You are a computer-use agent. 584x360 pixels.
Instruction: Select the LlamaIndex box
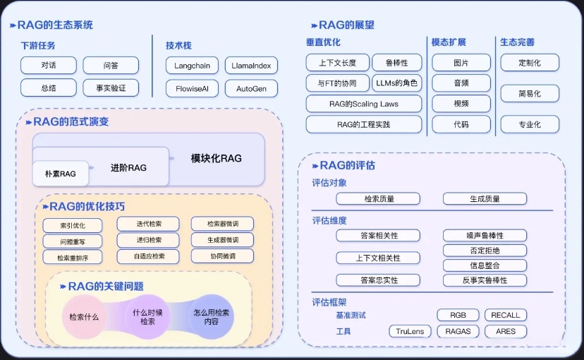(x=251, y=66)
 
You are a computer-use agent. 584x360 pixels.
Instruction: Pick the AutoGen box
(x=251, y=89)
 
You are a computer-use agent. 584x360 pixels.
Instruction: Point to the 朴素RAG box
(x=60, y=173)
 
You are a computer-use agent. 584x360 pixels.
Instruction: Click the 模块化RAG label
(x=216, y=158)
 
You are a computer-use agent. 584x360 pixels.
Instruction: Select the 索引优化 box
(x=72, y=226)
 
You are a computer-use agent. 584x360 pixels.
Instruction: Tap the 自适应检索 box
(x=149, y=256)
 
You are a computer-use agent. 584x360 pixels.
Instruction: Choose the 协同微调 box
(x=222, y=256)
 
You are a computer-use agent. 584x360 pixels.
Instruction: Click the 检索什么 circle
(x=84, y=317)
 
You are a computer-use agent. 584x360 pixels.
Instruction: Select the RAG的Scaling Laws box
(x=363, y=104)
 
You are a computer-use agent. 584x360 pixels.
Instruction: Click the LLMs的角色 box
(x=396, y=83)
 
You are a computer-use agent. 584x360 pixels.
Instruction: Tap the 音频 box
(x=461, y=83)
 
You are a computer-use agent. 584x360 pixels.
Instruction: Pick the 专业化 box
(x=530, y=124)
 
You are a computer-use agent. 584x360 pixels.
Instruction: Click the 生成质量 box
(x=485, y=199)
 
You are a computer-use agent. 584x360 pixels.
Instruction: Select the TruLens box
(x=409, y=331)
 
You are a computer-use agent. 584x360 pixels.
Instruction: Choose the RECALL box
(x=505, y=315)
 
